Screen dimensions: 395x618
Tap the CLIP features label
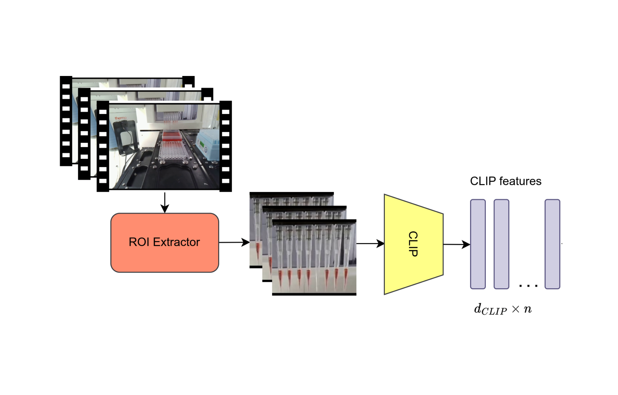pyautogui.click(x=505, y=181)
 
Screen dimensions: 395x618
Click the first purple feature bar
pyautogui.click(x=478, y=244)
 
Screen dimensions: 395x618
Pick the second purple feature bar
pyautogui.click(x=501, y=244)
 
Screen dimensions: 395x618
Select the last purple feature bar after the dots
pyautogui.click(x=552, y=244)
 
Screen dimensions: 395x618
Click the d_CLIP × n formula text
pyautogui.click(x=503, y=309)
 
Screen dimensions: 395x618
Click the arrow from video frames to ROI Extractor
pyautogui.click(x=165, y=203)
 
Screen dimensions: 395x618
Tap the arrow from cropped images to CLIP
pyautogui.click(x=370, y=244)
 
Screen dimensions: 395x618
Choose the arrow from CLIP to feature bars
pyautogui.click(x=457, y=244)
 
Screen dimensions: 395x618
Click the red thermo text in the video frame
pyautogui.click(x=120, y=118)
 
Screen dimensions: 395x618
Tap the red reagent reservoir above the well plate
pyautogui.click(x=172, y=136)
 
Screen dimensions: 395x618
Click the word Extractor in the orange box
pyautogui.click(x=177, y=242)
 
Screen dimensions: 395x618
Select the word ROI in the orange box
pyautogui.click(x=139, y=242)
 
